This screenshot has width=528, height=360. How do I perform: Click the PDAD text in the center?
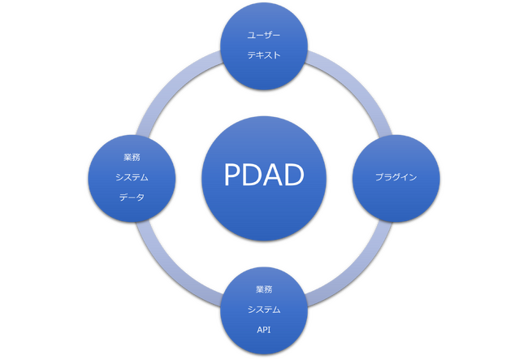coord(264,175)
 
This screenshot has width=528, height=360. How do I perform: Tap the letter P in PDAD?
coord(232,175)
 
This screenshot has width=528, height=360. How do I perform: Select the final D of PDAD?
coord(294,175)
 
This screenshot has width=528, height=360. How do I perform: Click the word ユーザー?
coord(264,35)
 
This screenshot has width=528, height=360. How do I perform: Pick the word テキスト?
coord(264,55)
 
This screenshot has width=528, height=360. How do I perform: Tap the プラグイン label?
coord(396,177)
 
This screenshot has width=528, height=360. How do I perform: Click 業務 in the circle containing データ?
coord(132,158)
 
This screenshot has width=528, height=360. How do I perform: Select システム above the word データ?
coord(132,177)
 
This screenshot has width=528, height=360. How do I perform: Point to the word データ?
coord(132,197)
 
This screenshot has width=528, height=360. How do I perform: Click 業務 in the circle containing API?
coord(264,289)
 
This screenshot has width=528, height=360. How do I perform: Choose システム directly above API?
coord(264,310)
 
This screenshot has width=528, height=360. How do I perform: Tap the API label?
coord(264,330)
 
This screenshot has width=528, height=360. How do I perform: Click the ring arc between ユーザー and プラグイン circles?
coord(357,85)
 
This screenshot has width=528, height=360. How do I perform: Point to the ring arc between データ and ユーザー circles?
coord(171,85)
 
